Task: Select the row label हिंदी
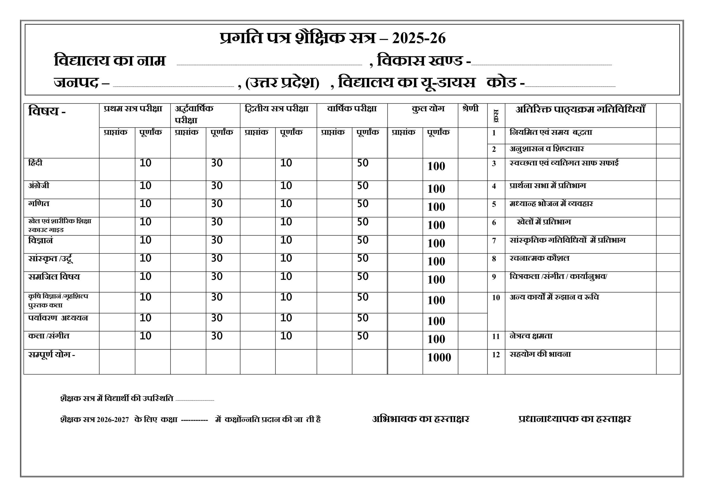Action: [x=35, y=163]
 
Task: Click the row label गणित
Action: [x=38, y=204]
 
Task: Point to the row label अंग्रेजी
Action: [x=38, y=186]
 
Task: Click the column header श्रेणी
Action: [x=470, y=109]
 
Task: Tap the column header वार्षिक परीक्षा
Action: [x=352, y=109]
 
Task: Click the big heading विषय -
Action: [x=47, y=111]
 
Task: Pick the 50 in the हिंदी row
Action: [x=362, y=163]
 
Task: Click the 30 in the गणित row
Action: [x=216, y=204]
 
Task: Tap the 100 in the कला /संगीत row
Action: [x=436, y=339]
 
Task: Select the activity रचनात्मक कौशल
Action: [x=539, y=258]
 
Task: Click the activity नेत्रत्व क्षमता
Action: [x=531, y=336]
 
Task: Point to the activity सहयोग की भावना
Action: [x=540, y=354]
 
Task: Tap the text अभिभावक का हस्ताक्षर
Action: [x=420, y=419]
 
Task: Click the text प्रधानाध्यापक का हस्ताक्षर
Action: [x=574, y=419]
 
